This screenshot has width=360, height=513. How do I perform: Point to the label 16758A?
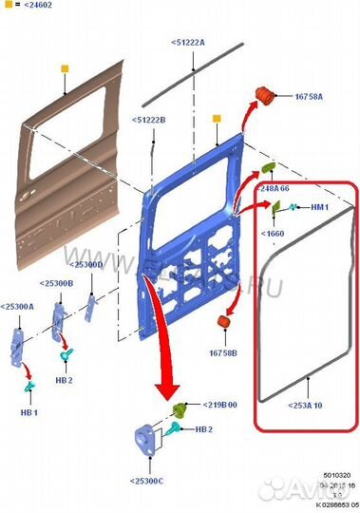[309, 97]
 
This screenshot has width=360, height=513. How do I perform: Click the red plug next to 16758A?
[266, 95]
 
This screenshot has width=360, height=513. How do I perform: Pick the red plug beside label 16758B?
[227, 324]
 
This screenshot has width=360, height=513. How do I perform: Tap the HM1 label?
[319, 207]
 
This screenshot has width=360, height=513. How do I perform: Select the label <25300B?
[58, 284]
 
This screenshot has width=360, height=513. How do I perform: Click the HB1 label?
[29, 413]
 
